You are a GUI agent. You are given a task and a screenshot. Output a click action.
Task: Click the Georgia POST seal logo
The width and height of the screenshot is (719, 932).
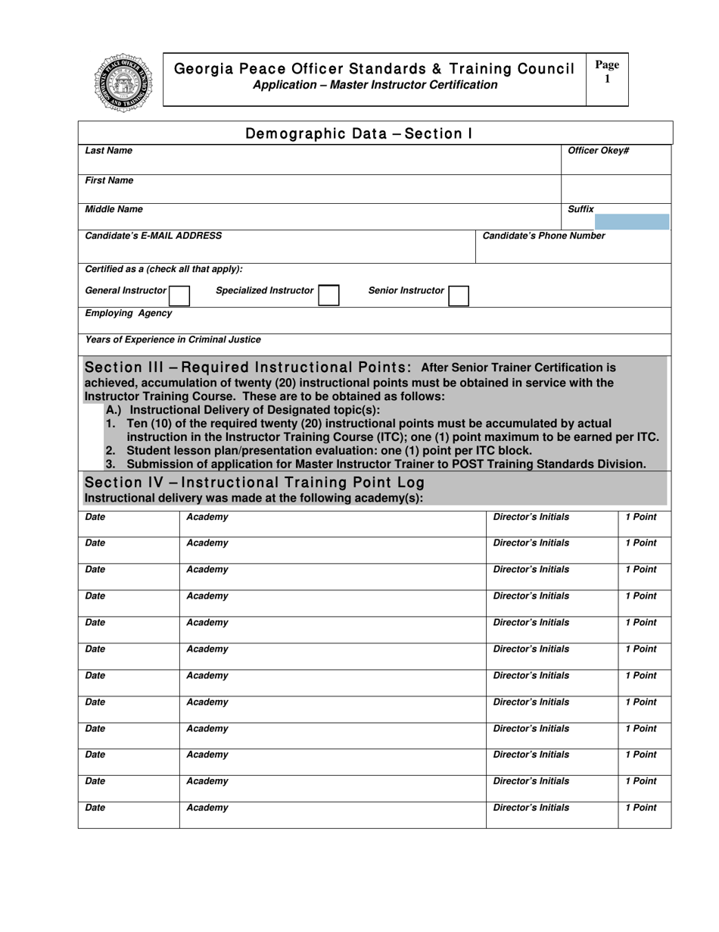[123, 83]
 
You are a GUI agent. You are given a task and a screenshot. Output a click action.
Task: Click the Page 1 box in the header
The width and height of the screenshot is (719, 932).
[607, 78]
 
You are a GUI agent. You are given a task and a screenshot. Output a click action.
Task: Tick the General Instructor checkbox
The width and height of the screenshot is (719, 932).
[179, 295]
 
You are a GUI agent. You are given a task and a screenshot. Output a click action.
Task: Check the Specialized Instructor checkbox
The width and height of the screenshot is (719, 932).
[328, 295]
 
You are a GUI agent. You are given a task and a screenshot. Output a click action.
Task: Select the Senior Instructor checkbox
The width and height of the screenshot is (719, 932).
[459, 295]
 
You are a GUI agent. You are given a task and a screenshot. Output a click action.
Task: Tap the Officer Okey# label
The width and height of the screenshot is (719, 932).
[598, 151]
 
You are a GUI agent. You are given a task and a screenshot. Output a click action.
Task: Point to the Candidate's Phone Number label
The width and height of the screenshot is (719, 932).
[543, 236]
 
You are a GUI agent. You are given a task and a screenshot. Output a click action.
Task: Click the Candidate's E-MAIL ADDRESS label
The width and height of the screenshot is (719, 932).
[154, 236]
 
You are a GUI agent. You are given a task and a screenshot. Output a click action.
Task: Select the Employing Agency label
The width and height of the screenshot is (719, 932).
[129, 313]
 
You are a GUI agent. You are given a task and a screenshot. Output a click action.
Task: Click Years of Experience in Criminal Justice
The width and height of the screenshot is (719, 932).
[173, 339]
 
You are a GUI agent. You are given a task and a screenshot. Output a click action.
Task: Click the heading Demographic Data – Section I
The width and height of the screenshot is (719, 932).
[359, 134]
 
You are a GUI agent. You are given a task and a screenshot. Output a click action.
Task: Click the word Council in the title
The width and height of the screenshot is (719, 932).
[545, 69]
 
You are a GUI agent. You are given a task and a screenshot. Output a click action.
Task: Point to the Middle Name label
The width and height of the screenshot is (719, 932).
[114, 208]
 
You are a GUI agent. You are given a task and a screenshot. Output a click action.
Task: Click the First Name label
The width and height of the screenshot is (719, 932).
[109, 180]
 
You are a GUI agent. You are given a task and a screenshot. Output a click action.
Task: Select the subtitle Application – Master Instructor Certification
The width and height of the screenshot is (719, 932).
[375, 85]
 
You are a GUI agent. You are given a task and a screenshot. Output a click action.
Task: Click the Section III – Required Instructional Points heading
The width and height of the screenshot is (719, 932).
[247, 368]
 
